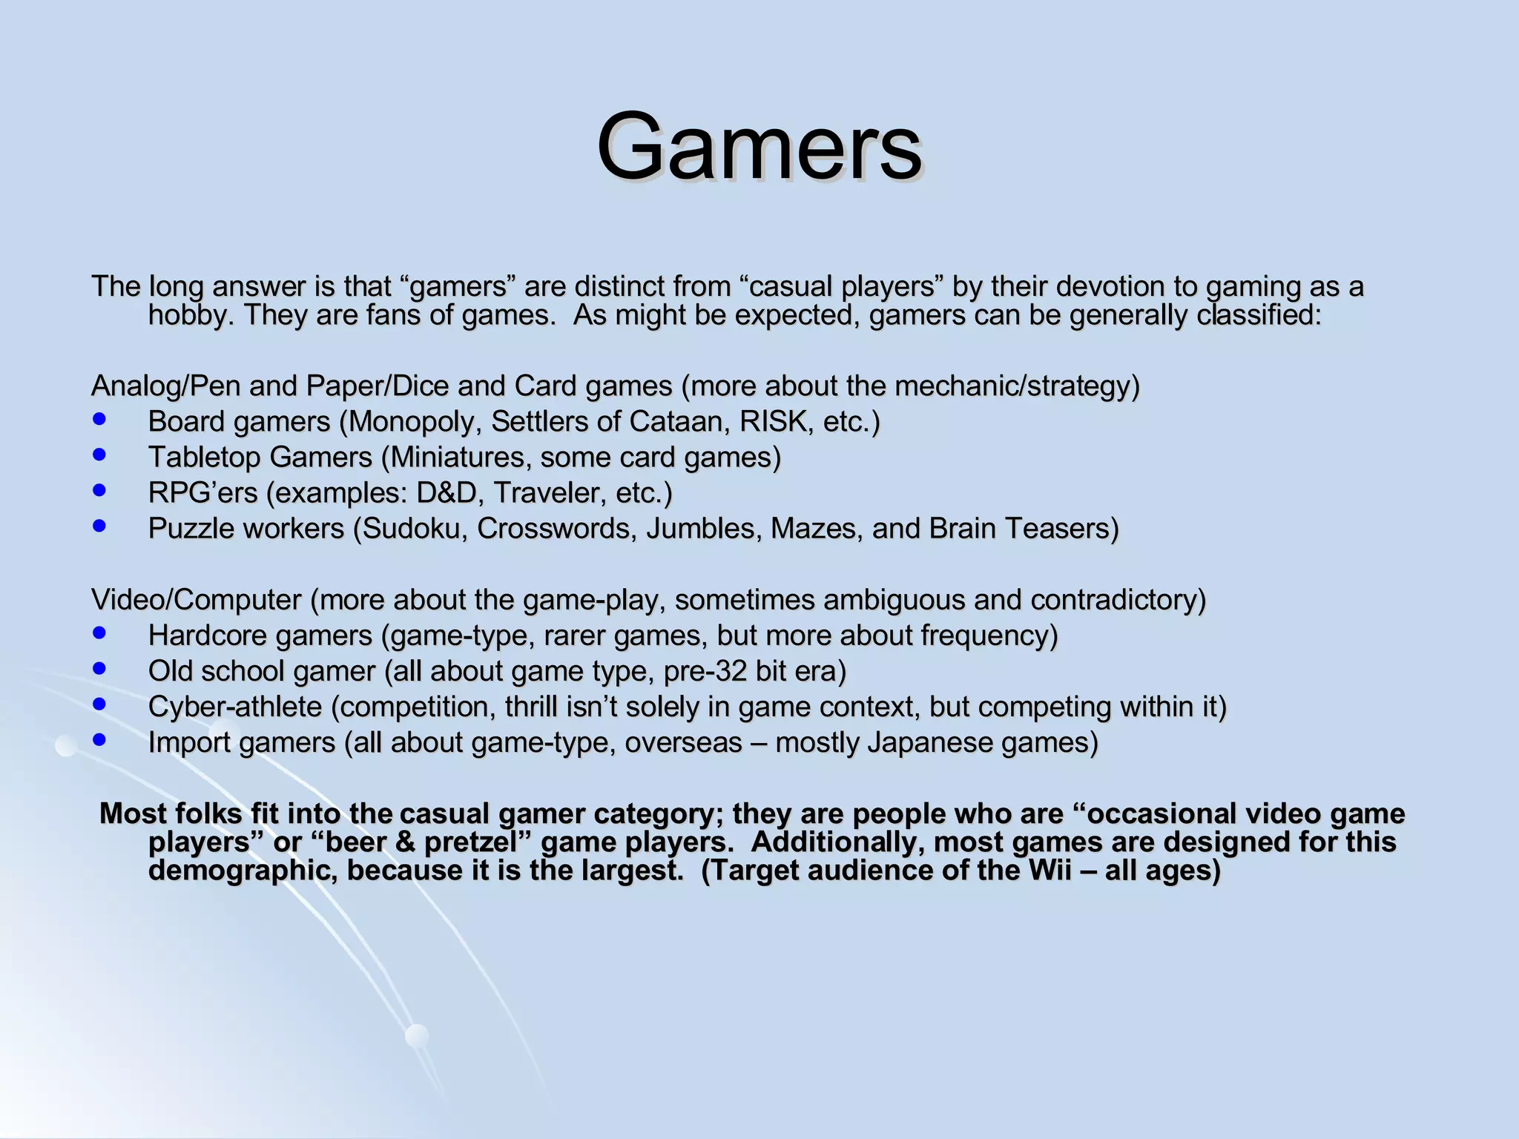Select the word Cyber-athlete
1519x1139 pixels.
click(235, 707)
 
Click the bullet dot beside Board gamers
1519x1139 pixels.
click(99, 419)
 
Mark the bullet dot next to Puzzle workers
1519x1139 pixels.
click(99, 526)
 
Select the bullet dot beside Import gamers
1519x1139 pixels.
click(99, 739)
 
